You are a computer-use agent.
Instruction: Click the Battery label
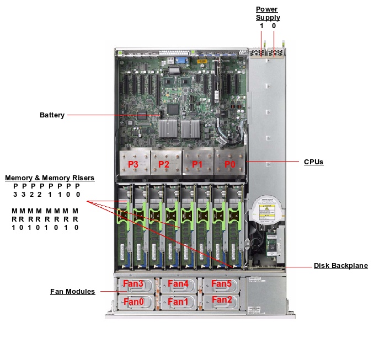52,115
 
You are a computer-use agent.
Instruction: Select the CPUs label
313,162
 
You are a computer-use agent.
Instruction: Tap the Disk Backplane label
340,266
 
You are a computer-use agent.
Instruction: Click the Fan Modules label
72,291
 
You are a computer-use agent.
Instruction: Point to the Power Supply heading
268,13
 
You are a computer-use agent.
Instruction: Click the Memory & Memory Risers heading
50,178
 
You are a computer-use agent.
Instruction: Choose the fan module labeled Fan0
133,302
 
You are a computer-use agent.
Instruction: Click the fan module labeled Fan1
178,302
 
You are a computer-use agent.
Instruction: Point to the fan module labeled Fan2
221,300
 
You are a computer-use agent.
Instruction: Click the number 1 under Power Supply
262,26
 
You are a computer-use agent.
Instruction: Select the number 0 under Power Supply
274,26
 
